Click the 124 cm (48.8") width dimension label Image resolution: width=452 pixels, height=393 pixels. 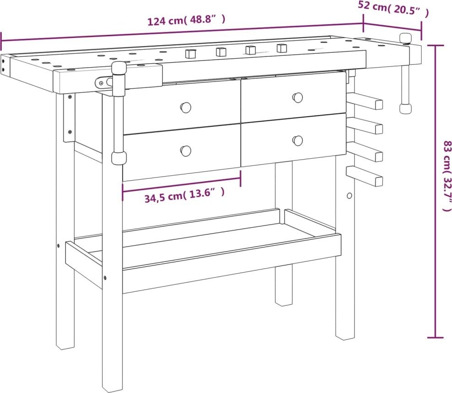(186, 21)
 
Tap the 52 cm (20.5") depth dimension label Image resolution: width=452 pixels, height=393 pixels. (393, 9)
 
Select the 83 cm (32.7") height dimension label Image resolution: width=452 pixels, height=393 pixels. (447, 176)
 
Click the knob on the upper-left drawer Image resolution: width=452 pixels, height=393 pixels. (186, 108)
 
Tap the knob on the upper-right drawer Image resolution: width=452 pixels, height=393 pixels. (298, 97)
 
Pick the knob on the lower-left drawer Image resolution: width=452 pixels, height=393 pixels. (186, 150)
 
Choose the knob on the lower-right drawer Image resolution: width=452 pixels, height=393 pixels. (298, 140)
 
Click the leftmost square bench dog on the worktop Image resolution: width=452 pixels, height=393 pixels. (191, 54)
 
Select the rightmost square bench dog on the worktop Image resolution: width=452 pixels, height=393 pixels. (282, 48)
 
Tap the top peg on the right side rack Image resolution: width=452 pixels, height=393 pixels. (365, 101)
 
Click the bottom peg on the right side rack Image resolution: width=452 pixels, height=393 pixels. (365, 176)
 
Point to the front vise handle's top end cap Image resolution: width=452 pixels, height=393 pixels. (119, 68)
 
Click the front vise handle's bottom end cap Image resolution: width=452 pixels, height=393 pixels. (119, 158)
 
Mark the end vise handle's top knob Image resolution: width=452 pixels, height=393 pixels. (405, 38)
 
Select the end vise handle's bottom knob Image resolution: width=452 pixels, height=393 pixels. (405, 109)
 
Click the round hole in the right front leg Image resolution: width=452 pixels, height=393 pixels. (349, 196)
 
